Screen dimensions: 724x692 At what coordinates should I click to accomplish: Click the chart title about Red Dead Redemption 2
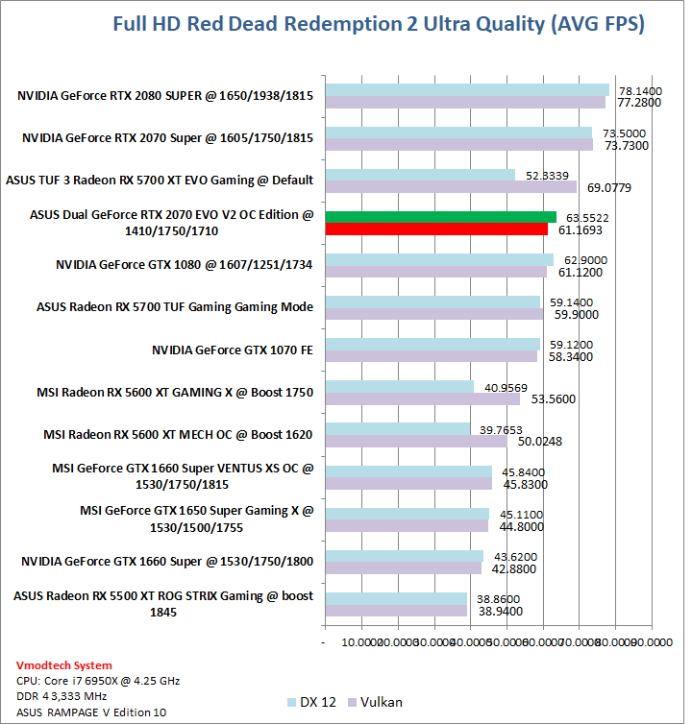pyautogui.click(x=378, y=24)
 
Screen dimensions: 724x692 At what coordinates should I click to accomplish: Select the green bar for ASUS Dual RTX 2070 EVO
pyautogui.click(x=440, y=216)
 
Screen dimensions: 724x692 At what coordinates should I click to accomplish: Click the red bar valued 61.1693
pyautogui.click(x=436, y=229)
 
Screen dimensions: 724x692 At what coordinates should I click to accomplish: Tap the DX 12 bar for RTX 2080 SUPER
pyautogui.click(x=467, y=89)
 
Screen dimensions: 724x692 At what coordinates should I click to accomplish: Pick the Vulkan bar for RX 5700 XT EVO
pyautogui.click(x=451, y=186)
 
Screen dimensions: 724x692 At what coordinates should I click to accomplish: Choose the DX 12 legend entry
pyautogui.click(x=312, y=702)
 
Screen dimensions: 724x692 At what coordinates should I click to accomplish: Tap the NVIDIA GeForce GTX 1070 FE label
pyautogui.click(x=233, y=350)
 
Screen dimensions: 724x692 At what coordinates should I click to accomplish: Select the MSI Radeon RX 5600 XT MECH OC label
pyautogui.click(x=178, y=434)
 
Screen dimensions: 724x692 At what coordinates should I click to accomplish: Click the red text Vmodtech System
pyautogui.click(x=64, y=665)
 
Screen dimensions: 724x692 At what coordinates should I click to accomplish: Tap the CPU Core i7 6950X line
pyautogui.click(x=99, y=681)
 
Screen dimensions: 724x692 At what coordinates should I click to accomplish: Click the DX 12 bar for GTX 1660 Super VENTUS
pyautogui.click(x=408, y=471)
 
